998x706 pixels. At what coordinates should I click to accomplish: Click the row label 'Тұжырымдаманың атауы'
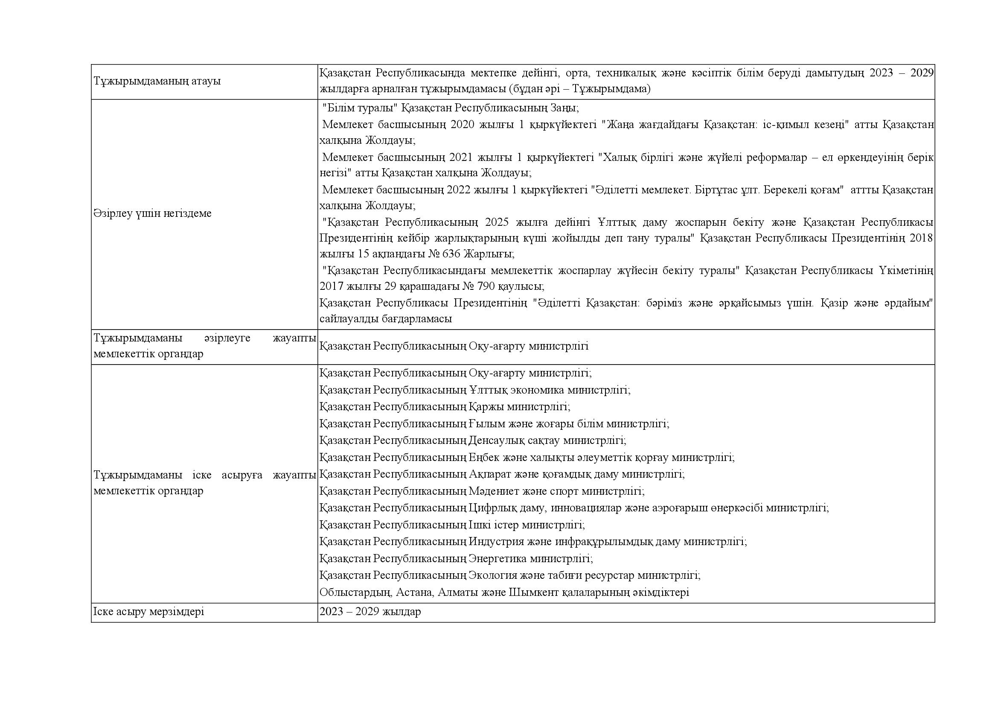(x=157, y=81)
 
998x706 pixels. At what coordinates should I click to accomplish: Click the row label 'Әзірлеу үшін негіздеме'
(x=152, y=213)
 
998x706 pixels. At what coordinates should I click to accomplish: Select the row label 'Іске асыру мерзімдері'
(x=148, y=612)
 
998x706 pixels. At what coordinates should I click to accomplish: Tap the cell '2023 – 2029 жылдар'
(x=370, y=612)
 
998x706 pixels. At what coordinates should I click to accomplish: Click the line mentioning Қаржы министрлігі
(x=444, y=406)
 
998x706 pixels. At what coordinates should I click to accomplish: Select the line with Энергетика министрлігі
(x=456, y=558)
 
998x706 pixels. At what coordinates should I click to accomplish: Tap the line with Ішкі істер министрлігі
(x=452, y=525)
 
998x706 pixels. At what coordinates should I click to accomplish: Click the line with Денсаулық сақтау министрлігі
(x=472, y=441)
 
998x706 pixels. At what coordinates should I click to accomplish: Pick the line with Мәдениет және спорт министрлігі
(x=482, y=491)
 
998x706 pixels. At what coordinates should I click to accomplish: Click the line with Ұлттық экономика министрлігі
(x=474, y=390)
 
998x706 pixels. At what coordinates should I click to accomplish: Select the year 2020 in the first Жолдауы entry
(x=463, y=125)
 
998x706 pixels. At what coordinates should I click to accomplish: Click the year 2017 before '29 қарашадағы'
(x=331, y=286)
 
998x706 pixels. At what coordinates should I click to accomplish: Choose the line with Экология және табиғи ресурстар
(x=509, y=575)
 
